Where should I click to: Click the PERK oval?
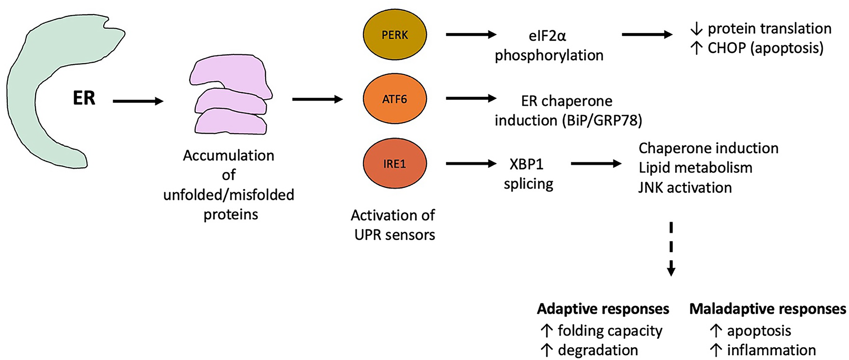click(395, 35)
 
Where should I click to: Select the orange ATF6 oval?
click(395, 98)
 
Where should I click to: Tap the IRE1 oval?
click(395, 164)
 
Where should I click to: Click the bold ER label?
click(84, 98)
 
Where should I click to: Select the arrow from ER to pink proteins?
click(138, 102)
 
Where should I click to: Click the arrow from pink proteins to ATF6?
click(318, 99)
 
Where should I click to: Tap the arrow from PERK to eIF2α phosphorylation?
click(471, 34)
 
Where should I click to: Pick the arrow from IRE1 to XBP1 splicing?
click(471, 164)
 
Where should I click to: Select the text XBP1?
click(527, 164)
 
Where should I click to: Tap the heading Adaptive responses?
click(603, 309)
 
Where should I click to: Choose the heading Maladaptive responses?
click(768, 309)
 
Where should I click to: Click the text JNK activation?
click(685, 188)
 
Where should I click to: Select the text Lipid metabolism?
click(696, 168)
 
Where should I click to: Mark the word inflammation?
click(771, 350)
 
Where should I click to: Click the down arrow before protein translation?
click(696, 29)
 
